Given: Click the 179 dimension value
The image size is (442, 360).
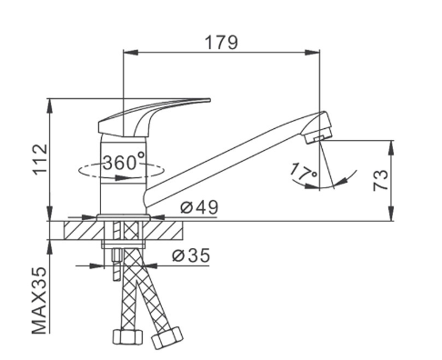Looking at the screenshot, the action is (222, 43).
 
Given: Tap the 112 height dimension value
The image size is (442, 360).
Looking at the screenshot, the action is (40, 159).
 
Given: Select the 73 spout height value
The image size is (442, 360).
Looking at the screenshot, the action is (380, 180).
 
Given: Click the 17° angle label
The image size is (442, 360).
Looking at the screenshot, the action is (304, 171).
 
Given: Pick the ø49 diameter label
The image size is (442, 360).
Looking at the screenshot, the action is (199, 207).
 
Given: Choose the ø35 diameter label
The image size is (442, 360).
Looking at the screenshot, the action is (191, 255).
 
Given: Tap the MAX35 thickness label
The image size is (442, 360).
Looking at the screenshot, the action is (40, 300).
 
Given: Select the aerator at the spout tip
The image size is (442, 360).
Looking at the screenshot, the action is (319, 132).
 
